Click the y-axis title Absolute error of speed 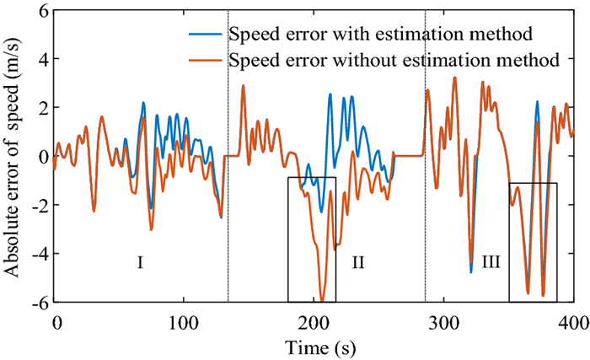[x=14, y=157]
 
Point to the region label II [x=357, y=263]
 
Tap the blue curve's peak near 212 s [x=330, y=94]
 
